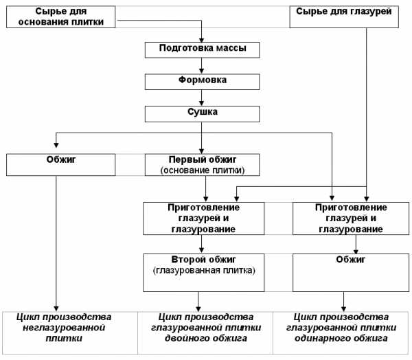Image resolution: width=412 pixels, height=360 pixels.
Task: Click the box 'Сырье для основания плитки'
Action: [60, 16]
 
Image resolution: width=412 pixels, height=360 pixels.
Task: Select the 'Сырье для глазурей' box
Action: [344, 16]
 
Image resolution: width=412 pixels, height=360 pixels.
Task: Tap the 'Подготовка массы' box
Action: [203, 50]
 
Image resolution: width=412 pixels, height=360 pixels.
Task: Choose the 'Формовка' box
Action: [203, 82]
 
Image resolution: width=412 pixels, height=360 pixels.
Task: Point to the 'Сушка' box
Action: [203, 114]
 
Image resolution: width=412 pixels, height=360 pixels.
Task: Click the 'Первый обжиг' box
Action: [203, 165]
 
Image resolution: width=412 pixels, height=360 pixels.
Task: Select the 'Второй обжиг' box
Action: [204, 273]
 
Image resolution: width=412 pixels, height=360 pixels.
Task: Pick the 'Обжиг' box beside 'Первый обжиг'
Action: [60, 165]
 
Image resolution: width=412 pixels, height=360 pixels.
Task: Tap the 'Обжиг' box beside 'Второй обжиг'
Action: [351, 273]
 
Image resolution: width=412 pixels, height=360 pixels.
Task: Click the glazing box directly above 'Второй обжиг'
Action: [204, 218]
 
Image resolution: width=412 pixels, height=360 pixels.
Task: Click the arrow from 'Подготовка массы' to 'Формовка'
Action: [201, 66]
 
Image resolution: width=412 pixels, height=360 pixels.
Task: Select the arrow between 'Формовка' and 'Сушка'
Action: [201, 98]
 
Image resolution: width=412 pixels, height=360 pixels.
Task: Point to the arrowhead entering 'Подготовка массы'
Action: [201, 40]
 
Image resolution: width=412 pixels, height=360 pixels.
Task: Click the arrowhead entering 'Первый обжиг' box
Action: [201, 151]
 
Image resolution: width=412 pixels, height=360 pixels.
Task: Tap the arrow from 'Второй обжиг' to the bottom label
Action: [198, 302]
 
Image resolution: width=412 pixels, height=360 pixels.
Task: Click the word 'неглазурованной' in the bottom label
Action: [64, 328]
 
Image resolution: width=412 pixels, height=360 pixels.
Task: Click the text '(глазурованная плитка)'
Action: [204, 270]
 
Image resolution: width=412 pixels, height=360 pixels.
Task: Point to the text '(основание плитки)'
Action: [203, 170]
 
